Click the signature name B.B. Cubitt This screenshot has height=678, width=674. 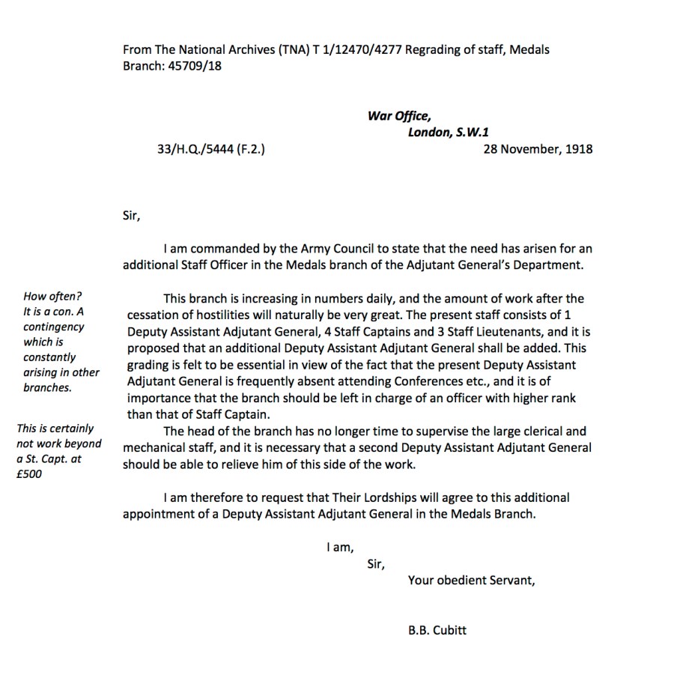pos(437,630)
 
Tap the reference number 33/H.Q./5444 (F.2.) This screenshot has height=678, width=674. pos(211,148)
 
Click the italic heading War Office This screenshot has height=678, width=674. pos(398,115)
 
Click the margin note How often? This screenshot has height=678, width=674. pos(52,297)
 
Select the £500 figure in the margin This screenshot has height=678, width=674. pos(29,473)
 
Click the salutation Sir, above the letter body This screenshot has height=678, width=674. pos(131,217)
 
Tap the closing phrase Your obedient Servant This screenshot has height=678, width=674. pos(471,580)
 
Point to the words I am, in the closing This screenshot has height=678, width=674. pos(340,548)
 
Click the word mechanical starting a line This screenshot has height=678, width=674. pos(155,448)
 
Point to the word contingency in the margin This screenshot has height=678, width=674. pos(54,327)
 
